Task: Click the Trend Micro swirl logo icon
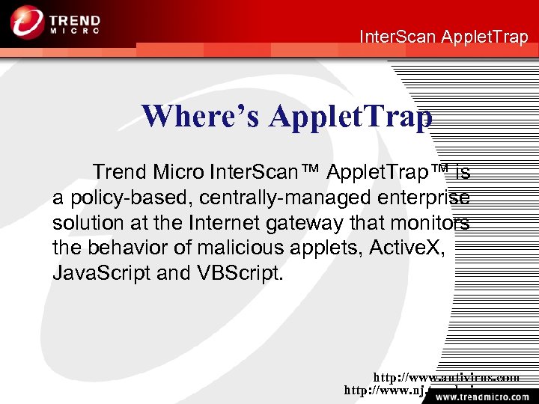[x=28, y=22]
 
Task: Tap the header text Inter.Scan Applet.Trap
[x=444, y=36]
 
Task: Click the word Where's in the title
[x=201, y=116]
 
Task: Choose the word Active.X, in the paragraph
[x=407, y=248]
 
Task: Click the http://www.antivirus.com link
[x=446, y=378]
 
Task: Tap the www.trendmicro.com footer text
[x=480, y=395]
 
